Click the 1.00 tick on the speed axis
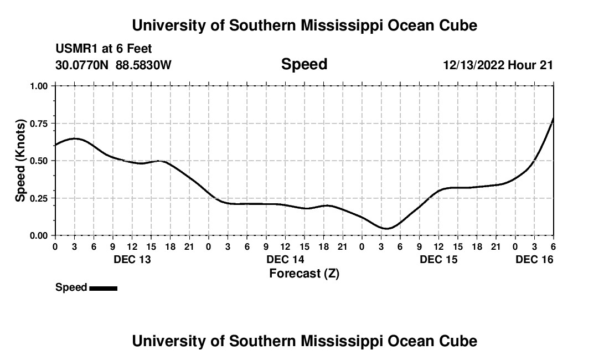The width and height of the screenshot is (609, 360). [39, 86]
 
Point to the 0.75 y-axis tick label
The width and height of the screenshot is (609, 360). [39, 123]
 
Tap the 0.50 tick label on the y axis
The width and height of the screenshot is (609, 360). [39, 161]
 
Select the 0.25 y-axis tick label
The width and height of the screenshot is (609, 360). [39, 198]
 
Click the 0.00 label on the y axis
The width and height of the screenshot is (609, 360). [39, 235]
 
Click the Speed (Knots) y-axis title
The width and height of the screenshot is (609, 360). [20, 161]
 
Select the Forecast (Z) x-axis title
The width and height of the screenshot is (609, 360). [304, 273]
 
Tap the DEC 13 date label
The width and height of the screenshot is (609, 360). [132, 259]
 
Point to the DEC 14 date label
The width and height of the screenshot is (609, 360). [285, 259]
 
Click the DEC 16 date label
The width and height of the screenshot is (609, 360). [534, 259]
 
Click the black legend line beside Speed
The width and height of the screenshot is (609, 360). [103, 288]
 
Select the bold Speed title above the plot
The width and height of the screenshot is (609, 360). [304, 64]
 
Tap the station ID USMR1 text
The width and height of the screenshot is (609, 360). [75, 49]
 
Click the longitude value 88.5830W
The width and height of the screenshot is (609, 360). [143, 65]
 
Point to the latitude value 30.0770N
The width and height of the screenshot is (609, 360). [82, 65]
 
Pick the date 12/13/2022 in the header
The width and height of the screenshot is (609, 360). [473, 65]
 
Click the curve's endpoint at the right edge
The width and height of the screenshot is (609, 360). [553, 119]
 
